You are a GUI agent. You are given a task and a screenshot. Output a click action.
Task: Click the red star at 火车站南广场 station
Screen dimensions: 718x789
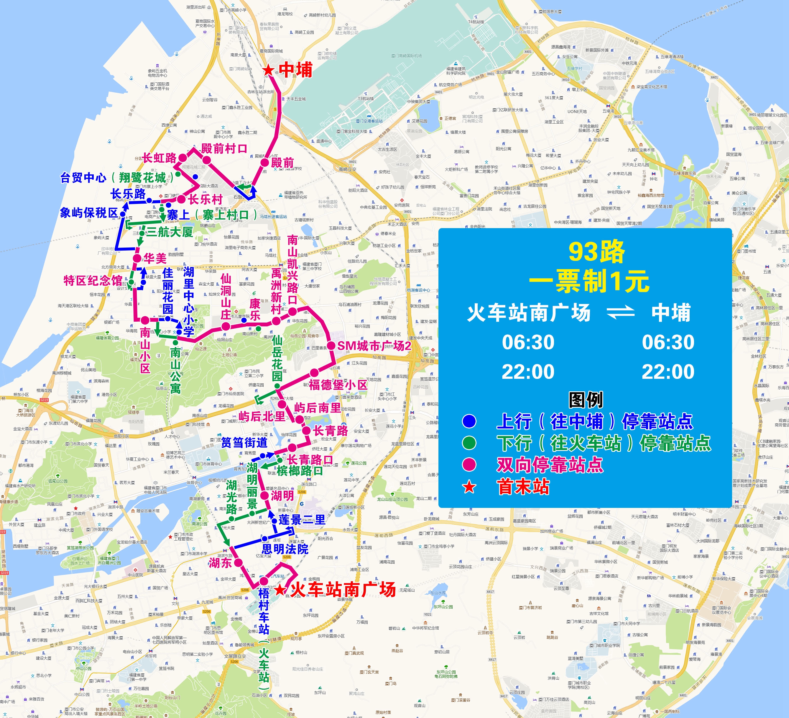coord(280,590)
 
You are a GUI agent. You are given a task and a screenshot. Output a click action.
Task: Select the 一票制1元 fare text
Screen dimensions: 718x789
coord(589,281)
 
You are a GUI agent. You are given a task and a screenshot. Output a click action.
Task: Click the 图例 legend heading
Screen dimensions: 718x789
coord(586,400)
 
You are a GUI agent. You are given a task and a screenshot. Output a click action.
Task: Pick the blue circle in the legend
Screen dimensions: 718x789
coord(469,421)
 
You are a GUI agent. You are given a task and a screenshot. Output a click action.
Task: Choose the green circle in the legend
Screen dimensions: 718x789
coord(469,443)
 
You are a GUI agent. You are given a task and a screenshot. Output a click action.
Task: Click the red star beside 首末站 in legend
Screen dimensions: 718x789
coord(469,487)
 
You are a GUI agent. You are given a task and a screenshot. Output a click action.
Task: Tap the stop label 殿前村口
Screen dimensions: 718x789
coord(224,149)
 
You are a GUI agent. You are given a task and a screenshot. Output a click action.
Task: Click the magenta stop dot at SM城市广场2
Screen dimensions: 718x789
coord(331,346)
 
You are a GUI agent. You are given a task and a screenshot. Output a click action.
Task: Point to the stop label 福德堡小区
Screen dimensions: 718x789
coord(338,385)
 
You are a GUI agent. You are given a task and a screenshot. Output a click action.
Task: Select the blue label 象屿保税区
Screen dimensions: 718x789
coord(89,213)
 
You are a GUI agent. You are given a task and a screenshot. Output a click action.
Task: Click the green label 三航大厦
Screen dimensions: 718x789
coord(170,232)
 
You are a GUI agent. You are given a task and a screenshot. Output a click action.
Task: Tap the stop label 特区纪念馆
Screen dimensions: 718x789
coord(93,280)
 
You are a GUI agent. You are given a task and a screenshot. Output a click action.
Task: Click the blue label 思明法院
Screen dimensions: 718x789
coord(285,549)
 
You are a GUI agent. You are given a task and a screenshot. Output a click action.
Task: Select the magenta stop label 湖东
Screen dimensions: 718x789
coord(220,563)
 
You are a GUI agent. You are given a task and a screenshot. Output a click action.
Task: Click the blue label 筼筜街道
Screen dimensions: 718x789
coord(244,443)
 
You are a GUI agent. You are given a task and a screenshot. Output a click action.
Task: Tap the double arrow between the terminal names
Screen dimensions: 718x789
coord(620,313)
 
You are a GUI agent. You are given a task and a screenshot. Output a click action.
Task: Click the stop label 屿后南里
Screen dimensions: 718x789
coord(318,408)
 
